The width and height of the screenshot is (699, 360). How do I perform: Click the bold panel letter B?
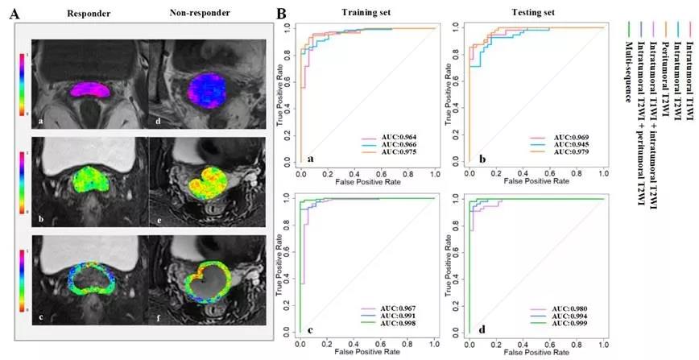[281, 14]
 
